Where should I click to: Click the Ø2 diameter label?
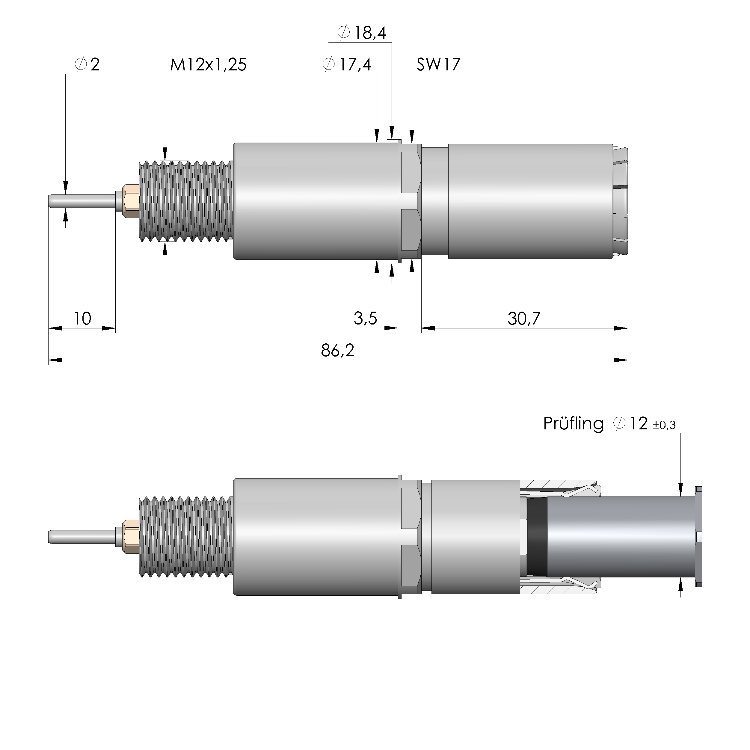[x=87, y=64]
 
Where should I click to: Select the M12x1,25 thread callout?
[x=208, y=64]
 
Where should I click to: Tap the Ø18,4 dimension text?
[x=362, y=33]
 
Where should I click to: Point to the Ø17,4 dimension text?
[x=347, y=64]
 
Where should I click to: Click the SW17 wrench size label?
[x=438, y=64]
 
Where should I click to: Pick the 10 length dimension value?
[x=82, y=319]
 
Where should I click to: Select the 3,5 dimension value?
[x=365, y=319]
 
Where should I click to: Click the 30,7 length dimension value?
[x=524, y=319]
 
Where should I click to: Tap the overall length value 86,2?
[x=337, y=351]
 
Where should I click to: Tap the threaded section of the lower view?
[x=185, y=536]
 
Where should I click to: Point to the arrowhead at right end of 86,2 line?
[x=621, y=360]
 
